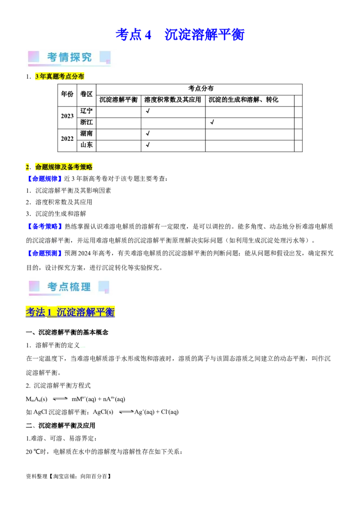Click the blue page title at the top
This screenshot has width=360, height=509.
click(180, 35)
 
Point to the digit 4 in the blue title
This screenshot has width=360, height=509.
click(147, 35)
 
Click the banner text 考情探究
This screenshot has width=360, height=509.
click(69, 57)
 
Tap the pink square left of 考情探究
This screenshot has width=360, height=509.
click(34, 57)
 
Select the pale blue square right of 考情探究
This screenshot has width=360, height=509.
click(105, 57)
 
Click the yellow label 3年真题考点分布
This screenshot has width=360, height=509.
click(59, 77)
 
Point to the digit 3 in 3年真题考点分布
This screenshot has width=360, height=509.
click(37, 77)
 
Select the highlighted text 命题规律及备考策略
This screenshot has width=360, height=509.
click(64, 167)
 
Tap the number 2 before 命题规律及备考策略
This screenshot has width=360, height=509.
click(27, 167)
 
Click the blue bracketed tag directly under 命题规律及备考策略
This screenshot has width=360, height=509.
click(44, 179)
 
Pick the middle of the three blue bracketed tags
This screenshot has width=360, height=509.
click(45, 226)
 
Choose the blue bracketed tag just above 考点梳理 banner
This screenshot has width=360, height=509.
click(45, 254)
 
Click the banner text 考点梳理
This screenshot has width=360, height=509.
click(69, 287)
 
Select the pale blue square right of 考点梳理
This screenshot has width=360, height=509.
click(103, 286)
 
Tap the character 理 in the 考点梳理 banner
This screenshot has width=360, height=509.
click(85, 287)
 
